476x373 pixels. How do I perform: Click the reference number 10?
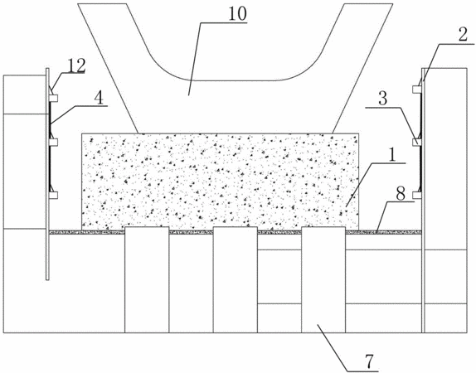pos(237,14)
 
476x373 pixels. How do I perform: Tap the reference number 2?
pos(463,35)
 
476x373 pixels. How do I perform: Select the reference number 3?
pos(383,99)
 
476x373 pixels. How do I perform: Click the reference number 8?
pos(401,194)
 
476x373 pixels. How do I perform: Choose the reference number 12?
pos(76,65)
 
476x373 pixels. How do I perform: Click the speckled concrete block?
pos(220,182)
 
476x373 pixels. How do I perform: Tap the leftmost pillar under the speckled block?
pos(147,279)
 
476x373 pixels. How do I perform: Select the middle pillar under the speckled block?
pos(236,279)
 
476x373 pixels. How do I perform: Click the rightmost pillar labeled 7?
pos(323,279)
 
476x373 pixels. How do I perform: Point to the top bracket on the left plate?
pos(53,98)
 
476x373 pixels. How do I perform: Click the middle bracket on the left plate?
pos(53,142)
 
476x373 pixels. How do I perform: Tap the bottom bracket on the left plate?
pos(53,195)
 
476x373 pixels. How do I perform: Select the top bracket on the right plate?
pos(417,90)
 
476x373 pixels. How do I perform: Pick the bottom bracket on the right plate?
pos(417,195)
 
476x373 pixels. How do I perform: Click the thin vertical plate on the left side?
pos(47,173)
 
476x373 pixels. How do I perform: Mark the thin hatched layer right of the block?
pos(384,232)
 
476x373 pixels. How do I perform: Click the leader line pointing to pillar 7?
pos(333,348)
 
